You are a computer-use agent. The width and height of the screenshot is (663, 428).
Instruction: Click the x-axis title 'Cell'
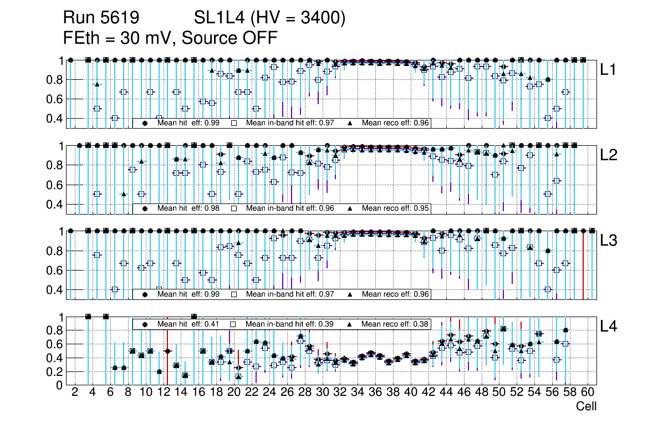586,406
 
